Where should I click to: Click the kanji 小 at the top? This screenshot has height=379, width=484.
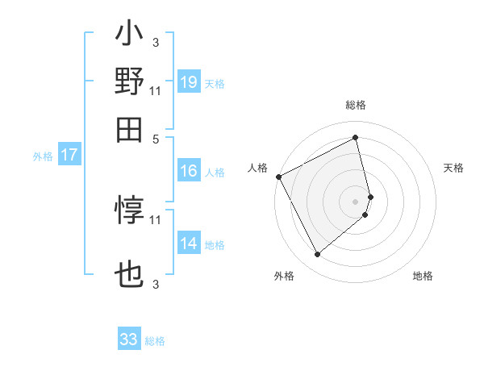point(129,36)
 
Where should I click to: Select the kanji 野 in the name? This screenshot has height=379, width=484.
point(129,81)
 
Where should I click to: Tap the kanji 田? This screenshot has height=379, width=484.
point(129,127)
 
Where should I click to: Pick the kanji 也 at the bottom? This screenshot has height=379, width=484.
point(129,274)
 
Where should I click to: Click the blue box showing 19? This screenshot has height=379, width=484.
point(189,83)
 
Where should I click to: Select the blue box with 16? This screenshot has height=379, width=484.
point(189,171)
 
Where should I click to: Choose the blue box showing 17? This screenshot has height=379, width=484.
point(69,156)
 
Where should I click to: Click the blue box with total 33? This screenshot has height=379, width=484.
point(129,339)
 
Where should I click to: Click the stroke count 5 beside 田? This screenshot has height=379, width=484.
point(156,138)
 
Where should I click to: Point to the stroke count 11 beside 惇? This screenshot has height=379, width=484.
point(156,219)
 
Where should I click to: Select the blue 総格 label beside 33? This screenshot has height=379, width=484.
point(155,341)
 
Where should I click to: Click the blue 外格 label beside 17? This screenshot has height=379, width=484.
point(43,156)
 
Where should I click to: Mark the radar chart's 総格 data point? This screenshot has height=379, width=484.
point(356,137)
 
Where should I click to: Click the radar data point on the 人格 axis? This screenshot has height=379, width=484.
point(278,176)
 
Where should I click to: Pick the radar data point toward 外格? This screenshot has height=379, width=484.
point(317,255)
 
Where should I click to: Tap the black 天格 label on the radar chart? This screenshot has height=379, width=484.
point(454,168)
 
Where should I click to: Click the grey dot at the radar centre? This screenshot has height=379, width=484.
point(356,201)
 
